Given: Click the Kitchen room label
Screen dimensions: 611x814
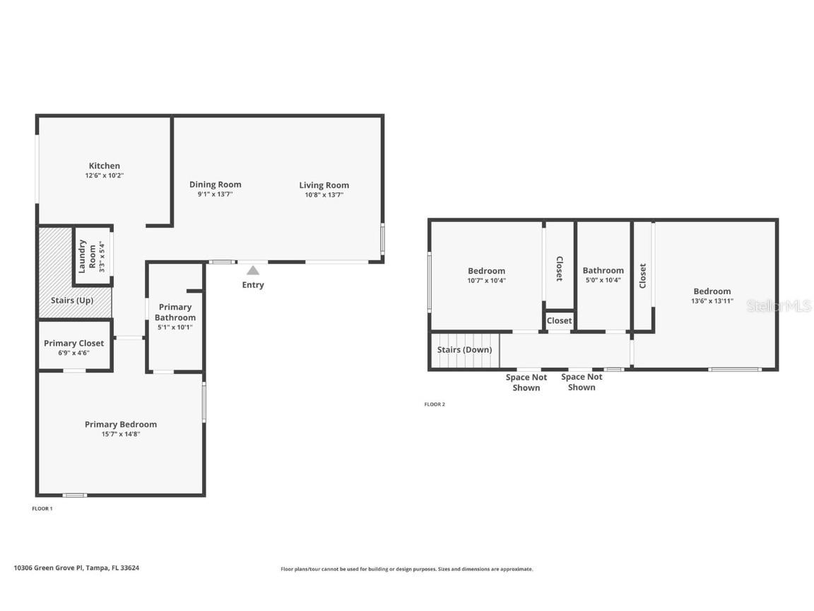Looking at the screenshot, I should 104,165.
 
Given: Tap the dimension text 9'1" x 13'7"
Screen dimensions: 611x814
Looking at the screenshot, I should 215,194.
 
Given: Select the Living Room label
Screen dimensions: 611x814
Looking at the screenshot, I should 324,185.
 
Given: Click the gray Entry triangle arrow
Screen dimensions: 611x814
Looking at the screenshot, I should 252,270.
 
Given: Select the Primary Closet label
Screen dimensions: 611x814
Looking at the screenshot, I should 73,343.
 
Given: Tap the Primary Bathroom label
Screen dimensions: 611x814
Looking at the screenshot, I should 175,312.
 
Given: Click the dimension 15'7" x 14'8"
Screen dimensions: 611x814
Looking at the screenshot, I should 120,434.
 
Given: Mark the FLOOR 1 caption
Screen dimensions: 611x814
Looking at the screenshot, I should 42,508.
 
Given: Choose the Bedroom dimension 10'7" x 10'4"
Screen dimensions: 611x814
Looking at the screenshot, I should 486,281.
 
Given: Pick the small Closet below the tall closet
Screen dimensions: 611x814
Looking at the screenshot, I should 559,320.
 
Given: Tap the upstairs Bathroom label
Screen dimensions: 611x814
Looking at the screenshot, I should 603,270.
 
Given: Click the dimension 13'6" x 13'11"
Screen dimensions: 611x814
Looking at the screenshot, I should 712,301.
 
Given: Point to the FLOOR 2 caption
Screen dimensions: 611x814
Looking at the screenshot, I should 435,405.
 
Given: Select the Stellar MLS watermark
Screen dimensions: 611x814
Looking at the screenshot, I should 779,305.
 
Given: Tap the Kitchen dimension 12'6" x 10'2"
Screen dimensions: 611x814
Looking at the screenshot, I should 104,175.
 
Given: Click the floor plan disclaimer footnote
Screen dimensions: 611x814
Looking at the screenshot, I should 406,569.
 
